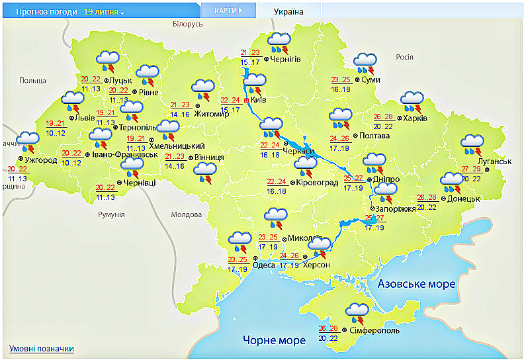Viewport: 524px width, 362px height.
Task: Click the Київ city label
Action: click(x=259, y=100)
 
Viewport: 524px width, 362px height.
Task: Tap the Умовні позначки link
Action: click(x=41, y=349)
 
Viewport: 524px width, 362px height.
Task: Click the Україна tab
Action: click(x=288, y=12)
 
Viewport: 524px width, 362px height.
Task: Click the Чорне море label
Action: click(x=274, y=340)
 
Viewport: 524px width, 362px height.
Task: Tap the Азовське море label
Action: click(x=416, y=284)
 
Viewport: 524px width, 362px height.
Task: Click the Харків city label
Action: click(x=415, y=118)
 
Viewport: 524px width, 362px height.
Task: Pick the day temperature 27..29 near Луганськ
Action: click(x=471, y=169)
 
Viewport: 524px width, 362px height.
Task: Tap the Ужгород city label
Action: click(x=41, y=159)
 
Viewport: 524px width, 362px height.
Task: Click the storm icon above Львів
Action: click(x=71, y=102)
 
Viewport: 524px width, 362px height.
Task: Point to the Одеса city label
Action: click(x=264, y=265)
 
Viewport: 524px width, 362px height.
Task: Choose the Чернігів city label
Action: click(x=286, y=59)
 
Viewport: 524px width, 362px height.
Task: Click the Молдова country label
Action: click(x=186, y=215)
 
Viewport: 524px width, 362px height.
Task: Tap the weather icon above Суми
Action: click(x=364, y=63)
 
